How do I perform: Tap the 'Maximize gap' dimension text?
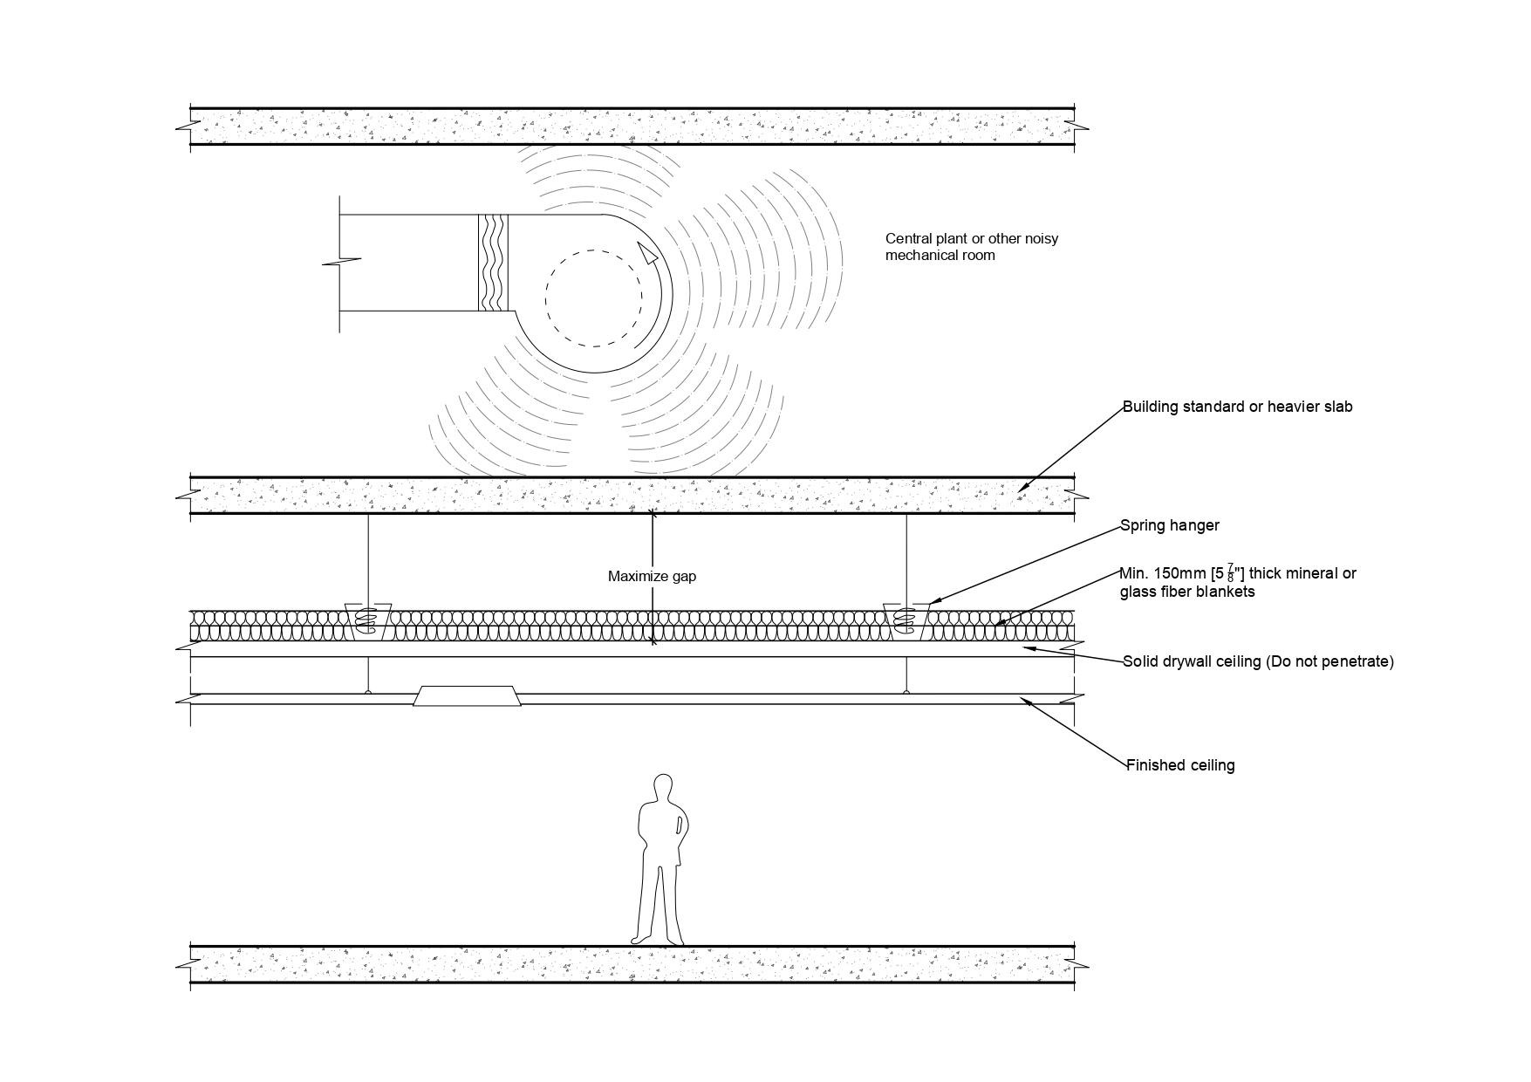click(652, 577)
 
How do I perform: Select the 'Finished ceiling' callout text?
click(1180, 765)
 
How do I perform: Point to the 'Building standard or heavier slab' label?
click(1237, 407)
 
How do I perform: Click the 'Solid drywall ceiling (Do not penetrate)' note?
click(1258, 661)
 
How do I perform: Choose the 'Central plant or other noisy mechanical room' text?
click(971, 247)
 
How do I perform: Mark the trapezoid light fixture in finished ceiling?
click(468, 695)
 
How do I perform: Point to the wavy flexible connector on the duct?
click(494, 262)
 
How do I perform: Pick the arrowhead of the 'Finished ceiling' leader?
click(1028, 700)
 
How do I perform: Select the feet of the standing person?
click(658, 939)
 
